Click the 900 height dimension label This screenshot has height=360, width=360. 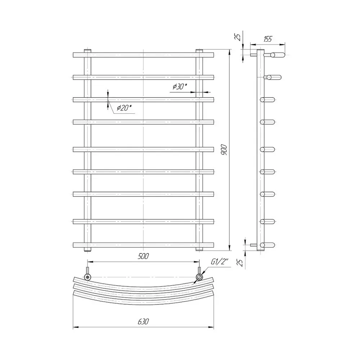coord(224,150)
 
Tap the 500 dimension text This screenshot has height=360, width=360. coord(143,256)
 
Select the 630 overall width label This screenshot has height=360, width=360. coord(143,321)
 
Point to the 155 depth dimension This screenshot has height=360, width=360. coord(267,39)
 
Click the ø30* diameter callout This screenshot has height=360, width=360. coord(180,86)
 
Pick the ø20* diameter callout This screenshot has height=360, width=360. coord(124,108)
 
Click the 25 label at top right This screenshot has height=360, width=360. coord(238,37)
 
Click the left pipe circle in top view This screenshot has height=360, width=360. coord(87,277)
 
